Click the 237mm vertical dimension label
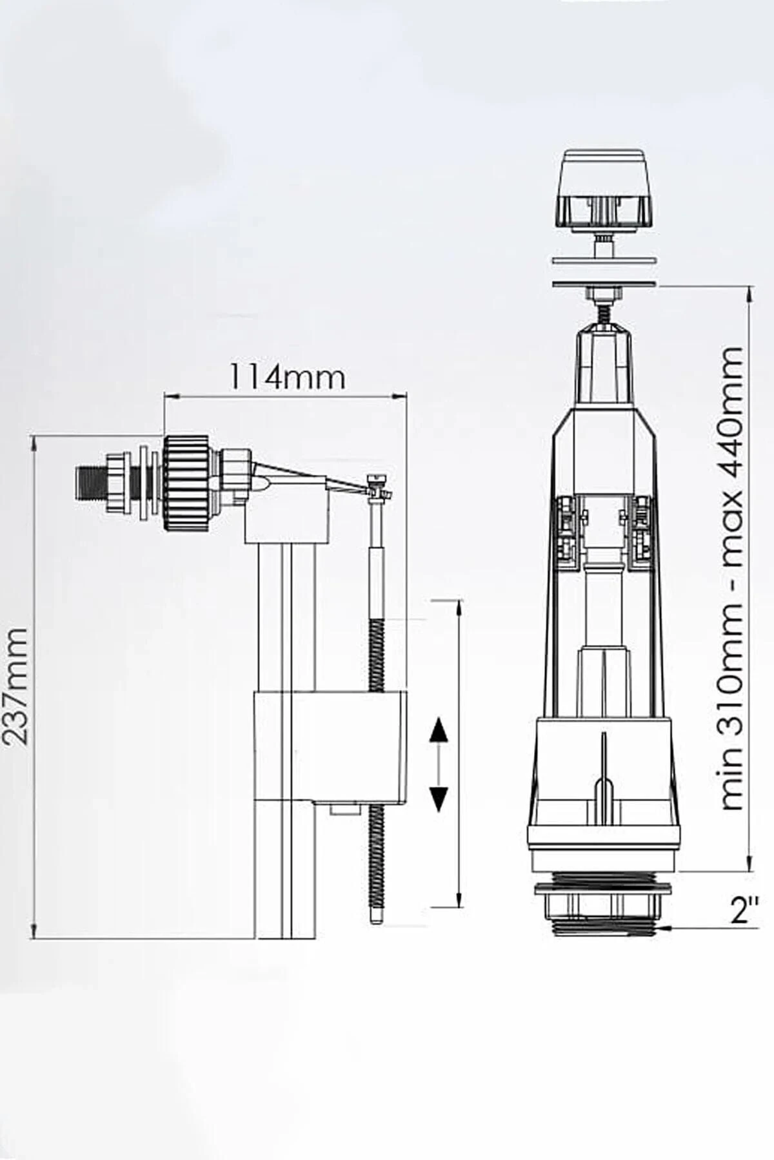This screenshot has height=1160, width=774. tap(15, 686)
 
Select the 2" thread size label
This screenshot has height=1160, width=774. tap(744, 911)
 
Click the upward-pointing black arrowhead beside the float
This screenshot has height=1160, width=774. tap(439, 731)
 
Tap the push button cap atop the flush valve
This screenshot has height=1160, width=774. tap(604, 188)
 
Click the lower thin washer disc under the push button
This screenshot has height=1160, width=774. tap(604, 284)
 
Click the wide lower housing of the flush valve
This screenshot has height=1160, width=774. tap(604, 780)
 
